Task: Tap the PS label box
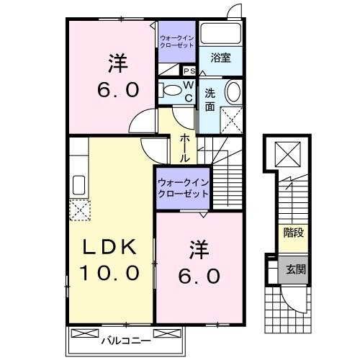pos(189,71)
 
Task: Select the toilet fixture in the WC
pos(171,90)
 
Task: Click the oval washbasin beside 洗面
pos(233,93)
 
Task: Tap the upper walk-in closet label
pos(177,41)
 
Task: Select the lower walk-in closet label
pos(183,188)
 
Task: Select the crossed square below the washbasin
pos(231,118)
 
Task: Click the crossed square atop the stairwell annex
pos(289,153)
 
